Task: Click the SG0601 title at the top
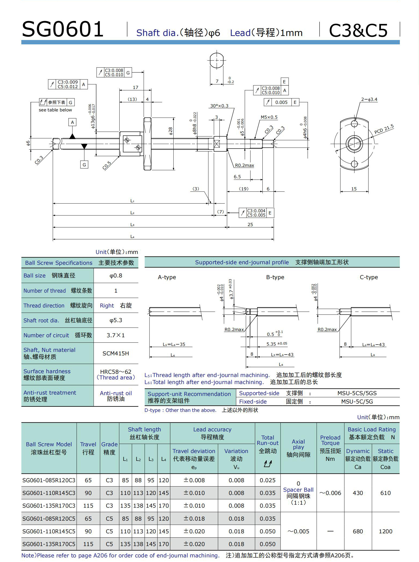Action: [x=63, y=29]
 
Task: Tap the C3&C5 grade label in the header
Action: [x=358, y=30]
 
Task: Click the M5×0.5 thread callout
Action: [x=269, y=117]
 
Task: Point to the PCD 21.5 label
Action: [x=384, y=129]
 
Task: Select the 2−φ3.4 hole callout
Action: [x=369, y=99]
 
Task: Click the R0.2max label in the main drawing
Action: [x=244, y=165]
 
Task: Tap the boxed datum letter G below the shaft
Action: [x=84, y=164]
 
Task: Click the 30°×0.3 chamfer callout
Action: [x=219, y=106]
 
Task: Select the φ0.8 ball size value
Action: [x=116, y=276]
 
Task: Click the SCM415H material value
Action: [x=116, y=353]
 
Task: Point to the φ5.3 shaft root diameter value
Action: [x=116, y=320]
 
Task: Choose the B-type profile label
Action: [x=275, y=277]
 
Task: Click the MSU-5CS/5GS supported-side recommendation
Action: [x=357, y=393]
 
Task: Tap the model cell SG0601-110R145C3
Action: [x=49, y=493]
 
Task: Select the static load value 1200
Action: [x=385, y=531]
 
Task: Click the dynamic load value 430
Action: [x=358, y=493]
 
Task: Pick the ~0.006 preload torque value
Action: [x=330, y=493]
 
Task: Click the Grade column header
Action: [x=109, y=448]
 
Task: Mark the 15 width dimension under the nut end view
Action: [x=354, y=189]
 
